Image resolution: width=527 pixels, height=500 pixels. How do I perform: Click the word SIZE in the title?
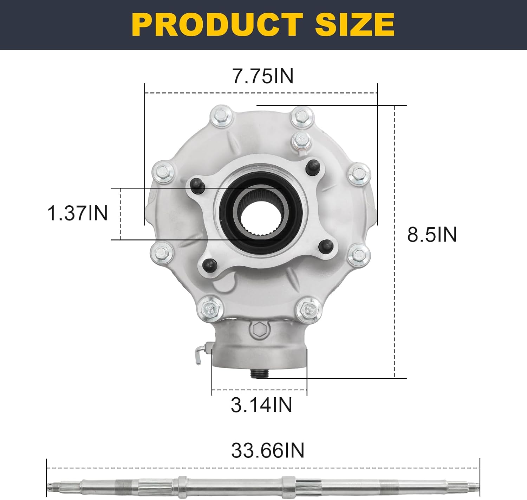(x=354, y=25)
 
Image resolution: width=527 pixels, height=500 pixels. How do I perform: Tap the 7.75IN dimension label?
(x=263, y=76)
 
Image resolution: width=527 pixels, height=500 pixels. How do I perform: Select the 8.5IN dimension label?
(x=432, y=234)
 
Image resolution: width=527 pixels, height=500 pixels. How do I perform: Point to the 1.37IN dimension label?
(x=77, y=213)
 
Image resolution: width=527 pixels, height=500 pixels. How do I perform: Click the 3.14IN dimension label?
(x=261, y=405)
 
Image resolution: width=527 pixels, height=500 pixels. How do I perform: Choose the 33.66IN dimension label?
(x=268, y=450)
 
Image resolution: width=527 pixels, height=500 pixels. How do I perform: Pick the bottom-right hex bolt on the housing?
(x=307, y=309)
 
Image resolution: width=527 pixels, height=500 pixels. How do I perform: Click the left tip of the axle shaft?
(x=49, y=486)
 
